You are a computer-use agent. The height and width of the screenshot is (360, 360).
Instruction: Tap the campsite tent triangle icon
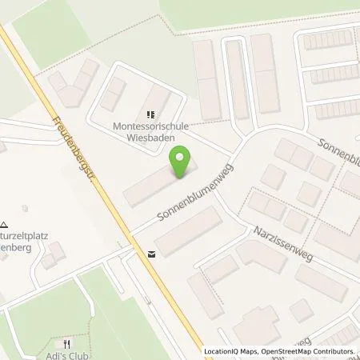point(5,204)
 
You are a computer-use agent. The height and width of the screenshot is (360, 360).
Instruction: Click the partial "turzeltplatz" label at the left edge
point(20,215)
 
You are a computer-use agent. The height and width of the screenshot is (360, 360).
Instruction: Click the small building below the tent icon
point(54,254)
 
